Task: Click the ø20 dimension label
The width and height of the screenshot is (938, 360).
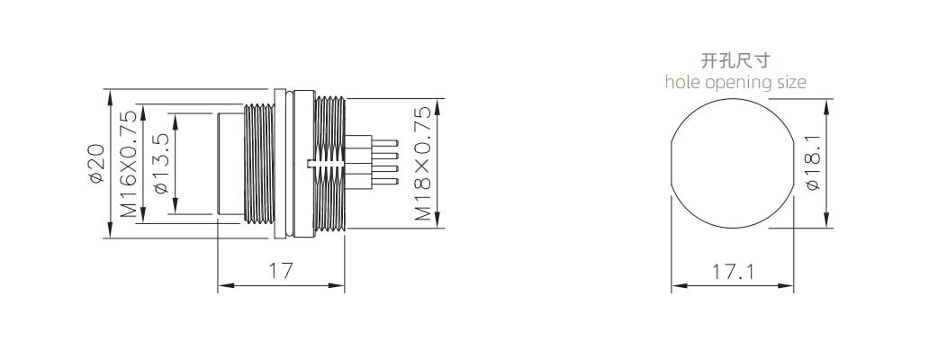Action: pyautogui.click(x=97, y=163)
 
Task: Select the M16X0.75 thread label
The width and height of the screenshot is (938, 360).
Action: pyautogui.click(x=129, y=163)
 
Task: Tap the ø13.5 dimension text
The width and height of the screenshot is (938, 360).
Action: pyautogui.click(x=161, y=163)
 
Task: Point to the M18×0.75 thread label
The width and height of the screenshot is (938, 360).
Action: pyautogui.click(x=423, y=163)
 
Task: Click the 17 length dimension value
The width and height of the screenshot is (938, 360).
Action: pyautogui.click(x=281, y=271)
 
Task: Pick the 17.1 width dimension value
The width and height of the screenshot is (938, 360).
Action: pyautogui.click(x=733, y=272)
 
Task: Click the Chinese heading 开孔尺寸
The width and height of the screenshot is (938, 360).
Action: pyautogui.click(x=735, y=60)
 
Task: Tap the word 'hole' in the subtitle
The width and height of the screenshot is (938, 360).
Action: pyautogui.click(x=683, y=82)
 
